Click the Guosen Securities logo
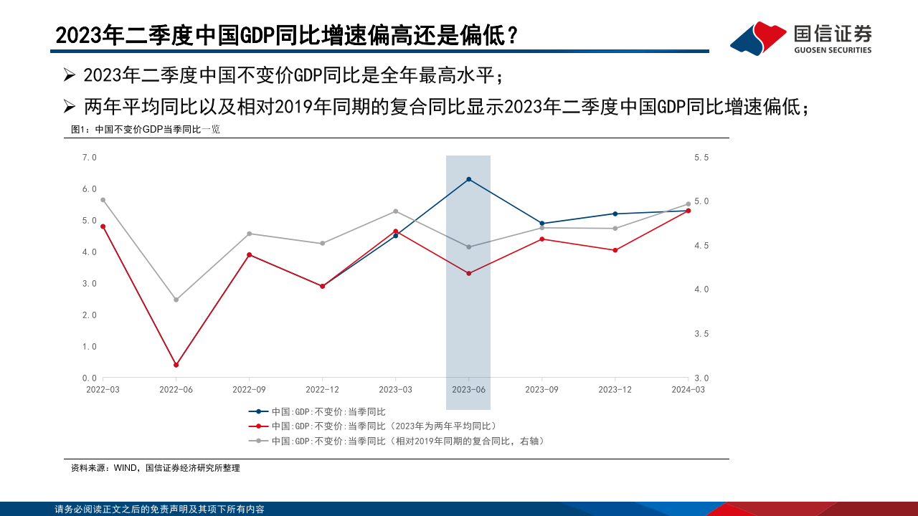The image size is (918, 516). coord(800,38)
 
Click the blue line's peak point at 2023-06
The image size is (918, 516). coord(468,179)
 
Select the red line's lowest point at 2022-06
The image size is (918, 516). coord(176,365)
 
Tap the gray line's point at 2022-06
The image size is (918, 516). coord(176,300)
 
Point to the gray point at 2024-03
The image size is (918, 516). coord(688,204)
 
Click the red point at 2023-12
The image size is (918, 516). coord(615,250)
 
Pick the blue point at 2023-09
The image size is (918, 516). coord(541,224)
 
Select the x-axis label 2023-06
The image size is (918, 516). coord(468,389)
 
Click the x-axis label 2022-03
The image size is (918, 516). coord(103,389)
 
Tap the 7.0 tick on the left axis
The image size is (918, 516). coord(89,157)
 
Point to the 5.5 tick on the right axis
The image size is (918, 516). coord(701,157)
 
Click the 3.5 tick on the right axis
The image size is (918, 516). coord(701,334)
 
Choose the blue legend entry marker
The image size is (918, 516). coord(258,411)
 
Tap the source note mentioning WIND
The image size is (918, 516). coord(156,468)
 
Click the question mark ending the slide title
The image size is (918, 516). coord(512,35)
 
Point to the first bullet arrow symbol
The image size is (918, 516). coord(70,75)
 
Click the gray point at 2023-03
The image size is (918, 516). coord(395,211)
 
